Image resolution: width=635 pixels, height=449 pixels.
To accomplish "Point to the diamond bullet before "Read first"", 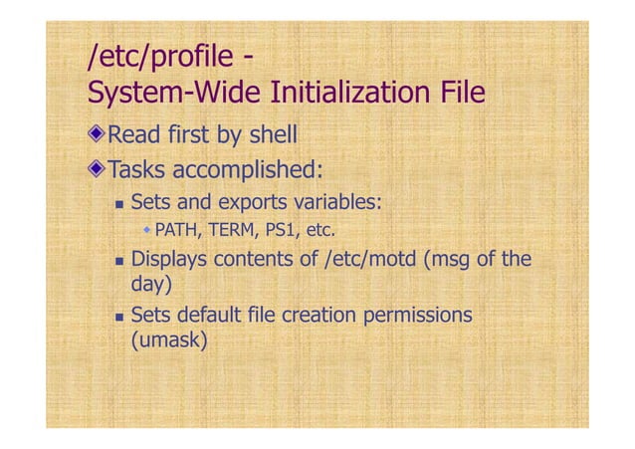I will coord(97,134).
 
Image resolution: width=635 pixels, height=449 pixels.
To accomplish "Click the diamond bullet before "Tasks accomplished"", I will coord(97,166).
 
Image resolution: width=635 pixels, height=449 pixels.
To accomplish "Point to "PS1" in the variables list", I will coord(277,233).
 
